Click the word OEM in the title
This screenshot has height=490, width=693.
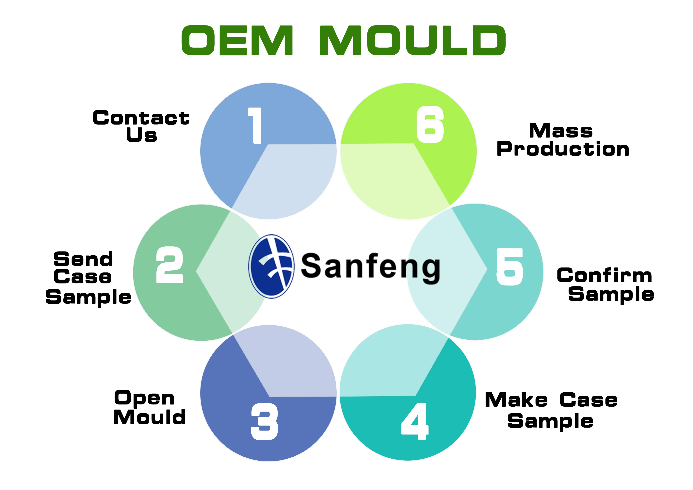tap(237, 41)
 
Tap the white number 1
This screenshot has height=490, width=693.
tap(255, 125)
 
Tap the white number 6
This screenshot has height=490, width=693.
tap(430, 124)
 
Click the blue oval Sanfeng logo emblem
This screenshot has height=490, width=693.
tap(271, 266)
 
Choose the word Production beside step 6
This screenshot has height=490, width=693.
tap(563, 149)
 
